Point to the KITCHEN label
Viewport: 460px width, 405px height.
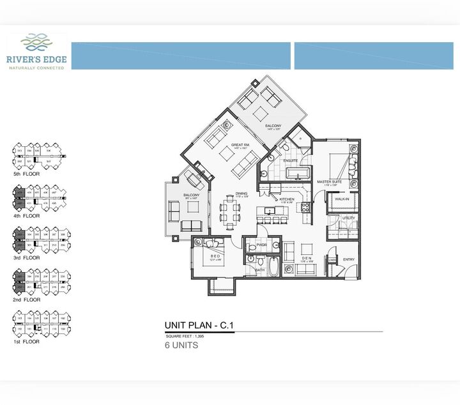(x=287, y=199)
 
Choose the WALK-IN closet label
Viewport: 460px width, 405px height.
(x=342, y=199)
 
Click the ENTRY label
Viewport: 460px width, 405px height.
(x=349, y=259)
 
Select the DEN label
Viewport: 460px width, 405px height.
(x=305, y=259)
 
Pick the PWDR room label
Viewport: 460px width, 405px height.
(x=261, y=245)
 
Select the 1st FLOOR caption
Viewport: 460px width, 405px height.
(x=26, y=342)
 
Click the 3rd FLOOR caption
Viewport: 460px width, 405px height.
(x=26, y=258)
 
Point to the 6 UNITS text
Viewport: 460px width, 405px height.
(x=181, y=346)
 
